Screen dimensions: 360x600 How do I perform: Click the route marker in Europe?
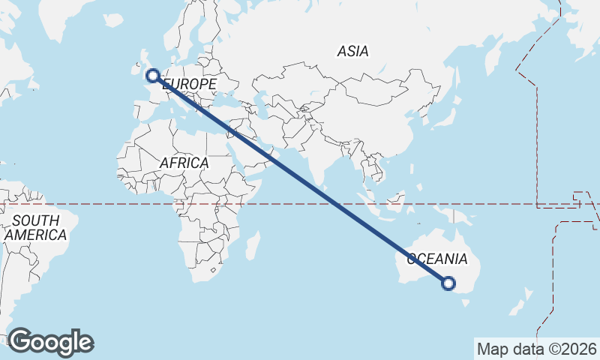coord(152,75)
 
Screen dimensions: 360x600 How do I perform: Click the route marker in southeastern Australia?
coord(448,283)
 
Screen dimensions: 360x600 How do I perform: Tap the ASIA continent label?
coord(352,52)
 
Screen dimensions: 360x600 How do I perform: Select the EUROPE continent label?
coord(190,85)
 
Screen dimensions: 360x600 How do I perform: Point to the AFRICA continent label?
coord(184,163)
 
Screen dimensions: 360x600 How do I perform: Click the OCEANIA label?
coord(437,259)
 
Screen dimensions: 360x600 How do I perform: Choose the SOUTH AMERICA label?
coord(35,227)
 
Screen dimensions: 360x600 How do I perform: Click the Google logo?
coord(51,341)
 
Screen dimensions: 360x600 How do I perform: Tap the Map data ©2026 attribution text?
coord(535,349)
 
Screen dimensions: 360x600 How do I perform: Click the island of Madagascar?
coord(253,244)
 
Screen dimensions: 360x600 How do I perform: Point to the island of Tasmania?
coord(468,302)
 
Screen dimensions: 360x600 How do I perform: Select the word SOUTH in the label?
coord(35,220)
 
